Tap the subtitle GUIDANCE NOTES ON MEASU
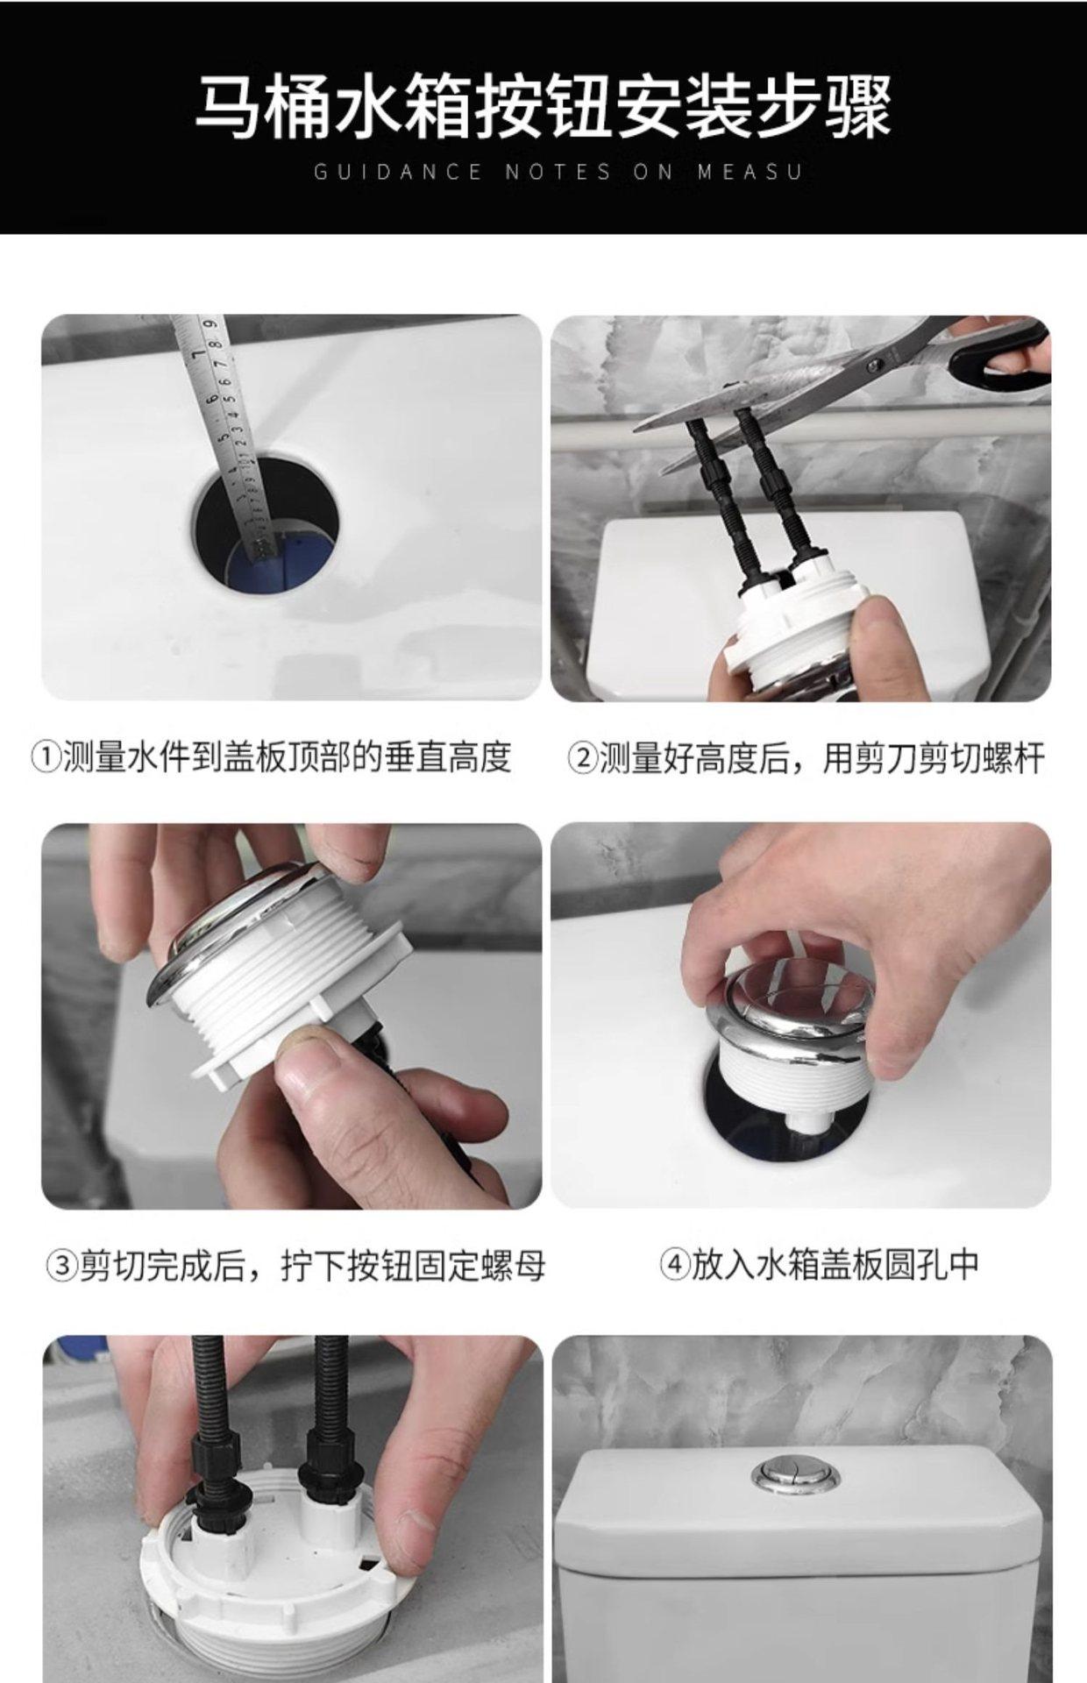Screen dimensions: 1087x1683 [x=558, y=172]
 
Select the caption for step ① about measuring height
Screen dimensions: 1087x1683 [x=271, y=756]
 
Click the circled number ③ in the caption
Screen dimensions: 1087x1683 [x=61, y=1267]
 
